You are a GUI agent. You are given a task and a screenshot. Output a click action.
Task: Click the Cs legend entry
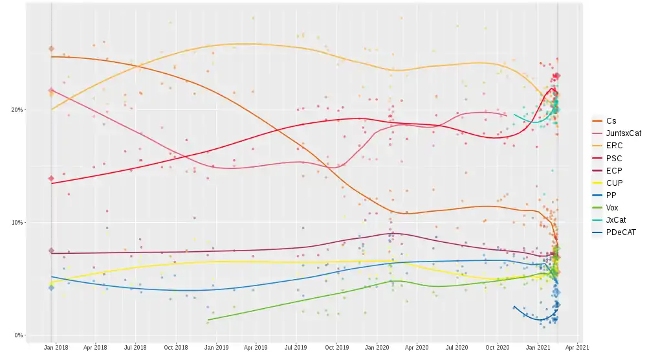pyautogui.click(x=611, y=121)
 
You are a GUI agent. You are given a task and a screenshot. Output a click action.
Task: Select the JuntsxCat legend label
pyautogui.click(x=623, y=133)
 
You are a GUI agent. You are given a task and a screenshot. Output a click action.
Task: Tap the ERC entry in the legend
pyautogui.click(x=614, y=146)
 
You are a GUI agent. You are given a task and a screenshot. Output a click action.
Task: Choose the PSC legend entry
pyautogui.click(x=614, y=158)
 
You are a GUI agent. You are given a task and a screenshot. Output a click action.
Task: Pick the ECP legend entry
pyautogui.click(x=614, y=170)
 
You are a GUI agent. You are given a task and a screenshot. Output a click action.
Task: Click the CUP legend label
pyautogui.click(x=614, y=183)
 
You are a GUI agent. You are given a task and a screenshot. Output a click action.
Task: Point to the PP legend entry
pyautogui.click(x=611, y=195)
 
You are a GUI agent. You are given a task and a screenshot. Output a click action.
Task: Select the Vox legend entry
pyautogui.click(x=612, y=208)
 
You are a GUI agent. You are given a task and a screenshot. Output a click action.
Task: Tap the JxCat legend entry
pyautogui.click(x=615, y=220)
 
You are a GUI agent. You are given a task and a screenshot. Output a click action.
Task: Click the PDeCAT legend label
pyautogui.click(x=620, y=232)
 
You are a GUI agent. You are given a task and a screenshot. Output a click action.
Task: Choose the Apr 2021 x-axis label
pyautogui.click(x=578, y=348)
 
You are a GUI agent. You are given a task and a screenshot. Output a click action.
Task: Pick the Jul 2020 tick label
pyautogui.click(x=457, y=348)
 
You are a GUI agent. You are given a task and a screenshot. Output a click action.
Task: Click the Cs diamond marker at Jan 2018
pyautogui.click(x=51, y=49)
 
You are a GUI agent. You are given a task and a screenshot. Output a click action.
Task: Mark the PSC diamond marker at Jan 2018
pyautogui.click(x=51, y=179)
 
